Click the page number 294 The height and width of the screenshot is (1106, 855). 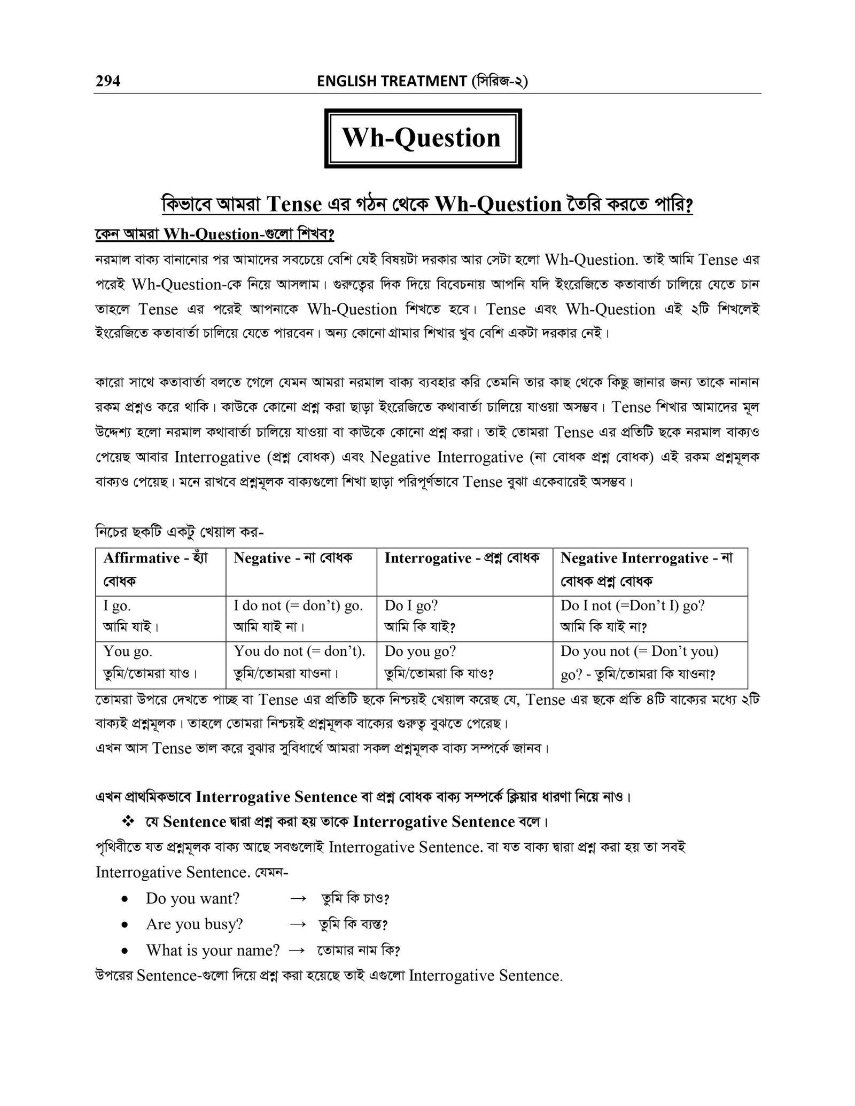(x=108, y=81)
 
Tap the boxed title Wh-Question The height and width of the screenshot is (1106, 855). (x=422, y=138)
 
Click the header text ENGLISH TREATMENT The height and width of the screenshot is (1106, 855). (x=392, y=81)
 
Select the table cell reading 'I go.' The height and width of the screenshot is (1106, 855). (x=118, y=606)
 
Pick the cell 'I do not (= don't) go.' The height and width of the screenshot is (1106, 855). (x=298, y=606)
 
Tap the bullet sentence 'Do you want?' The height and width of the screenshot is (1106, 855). (x=192, y=898)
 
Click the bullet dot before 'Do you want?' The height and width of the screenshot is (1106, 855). (x=125, y=899)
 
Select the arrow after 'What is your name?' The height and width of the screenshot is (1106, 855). (x=296, y=950)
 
